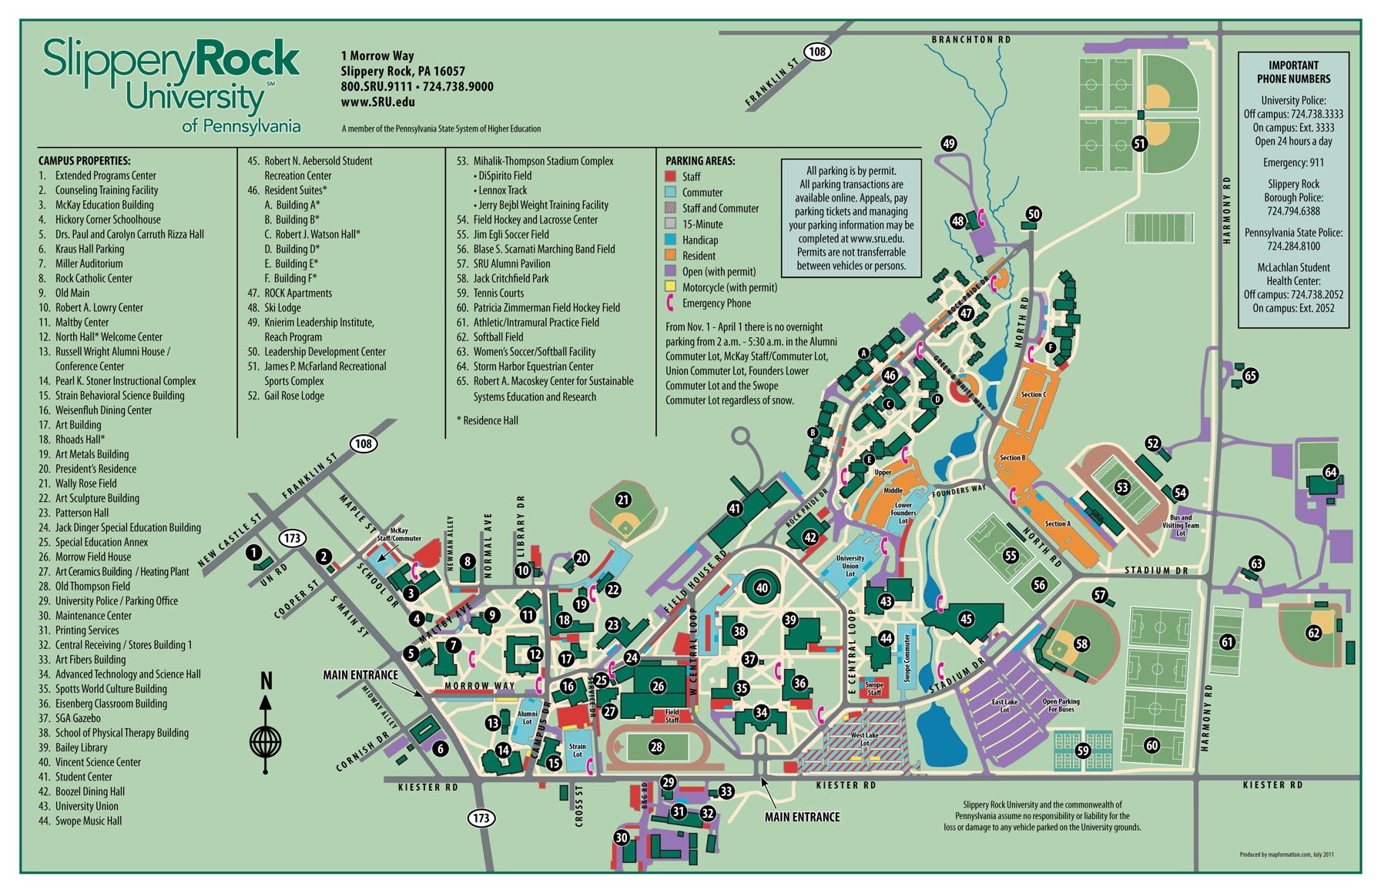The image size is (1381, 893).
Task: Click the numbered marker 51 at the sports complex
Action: pos(1140,143)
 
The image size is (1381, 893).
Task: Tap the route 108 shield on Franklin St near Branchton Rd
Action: pos(817,52)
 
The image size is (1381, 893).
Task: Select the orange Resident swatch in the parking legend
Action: pos(670,256)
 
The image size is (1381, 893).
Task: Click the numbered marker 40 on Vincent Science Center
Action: pos(762,588)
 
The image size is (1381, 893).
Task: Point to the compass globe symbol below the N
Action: pos(265,743)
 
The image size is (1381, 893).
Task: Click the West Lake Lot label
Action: pos(864,739)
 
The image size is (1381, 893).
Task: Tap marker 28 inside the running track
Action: pos(656,746)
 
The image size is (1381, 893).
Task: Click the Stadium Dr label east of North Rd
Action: pos(1156,570)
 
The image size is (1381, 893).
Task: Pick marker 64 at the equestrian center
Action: pos(1330,472)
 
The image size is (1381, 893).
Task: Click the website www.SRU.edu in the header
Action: pos(377,102)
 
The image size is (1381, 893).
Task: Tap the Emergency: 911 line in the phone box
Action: pos(1293,162)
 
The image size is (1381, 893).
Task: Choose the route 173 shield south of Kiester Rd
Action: pos(481,818)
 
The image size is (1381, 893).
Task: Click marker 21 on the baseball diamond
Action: pos(623,500)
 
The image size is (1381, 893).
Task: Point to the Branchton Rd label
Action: pos(970,39)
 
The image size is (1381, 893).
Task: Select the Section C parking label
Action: pos(1033,395)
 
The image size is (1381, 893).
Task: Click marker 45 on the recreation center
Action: pos(966,619)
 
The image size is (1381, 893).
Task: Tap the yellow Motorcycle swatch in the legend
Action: pos(670,287)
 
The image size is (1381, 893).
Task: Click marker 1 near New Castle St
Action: pos(253,553)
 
